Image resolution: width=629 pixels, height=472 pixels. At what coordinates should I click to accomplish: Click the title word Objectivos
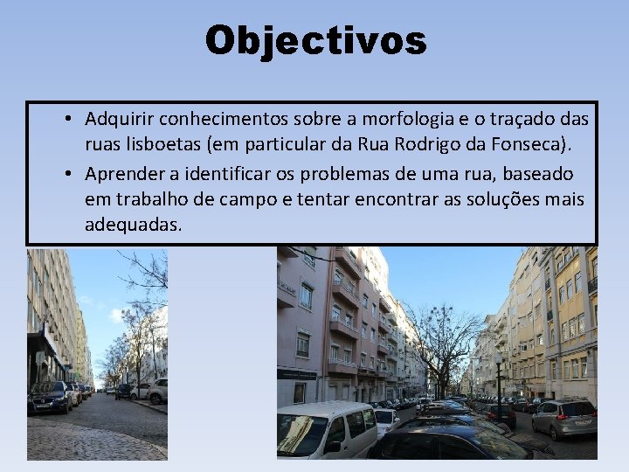(x=315, y=40)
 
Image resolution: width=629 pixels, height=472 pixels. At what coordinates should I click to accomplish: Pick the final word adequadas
(x=133, y=225)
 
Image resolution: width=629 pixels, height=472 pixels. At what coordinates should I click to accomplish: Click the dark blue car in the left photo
(x=50, y=398)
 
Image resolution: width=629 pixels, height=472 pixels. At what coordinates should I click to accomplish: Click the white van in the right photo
(x=325, y=429)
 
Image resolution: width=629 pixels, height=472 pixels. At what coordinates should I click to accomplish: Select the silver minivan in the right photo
(x=563, y=418)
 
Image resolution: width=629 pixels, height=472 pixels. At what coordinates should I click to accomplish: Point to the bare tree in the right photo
(x=444, y=345)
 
